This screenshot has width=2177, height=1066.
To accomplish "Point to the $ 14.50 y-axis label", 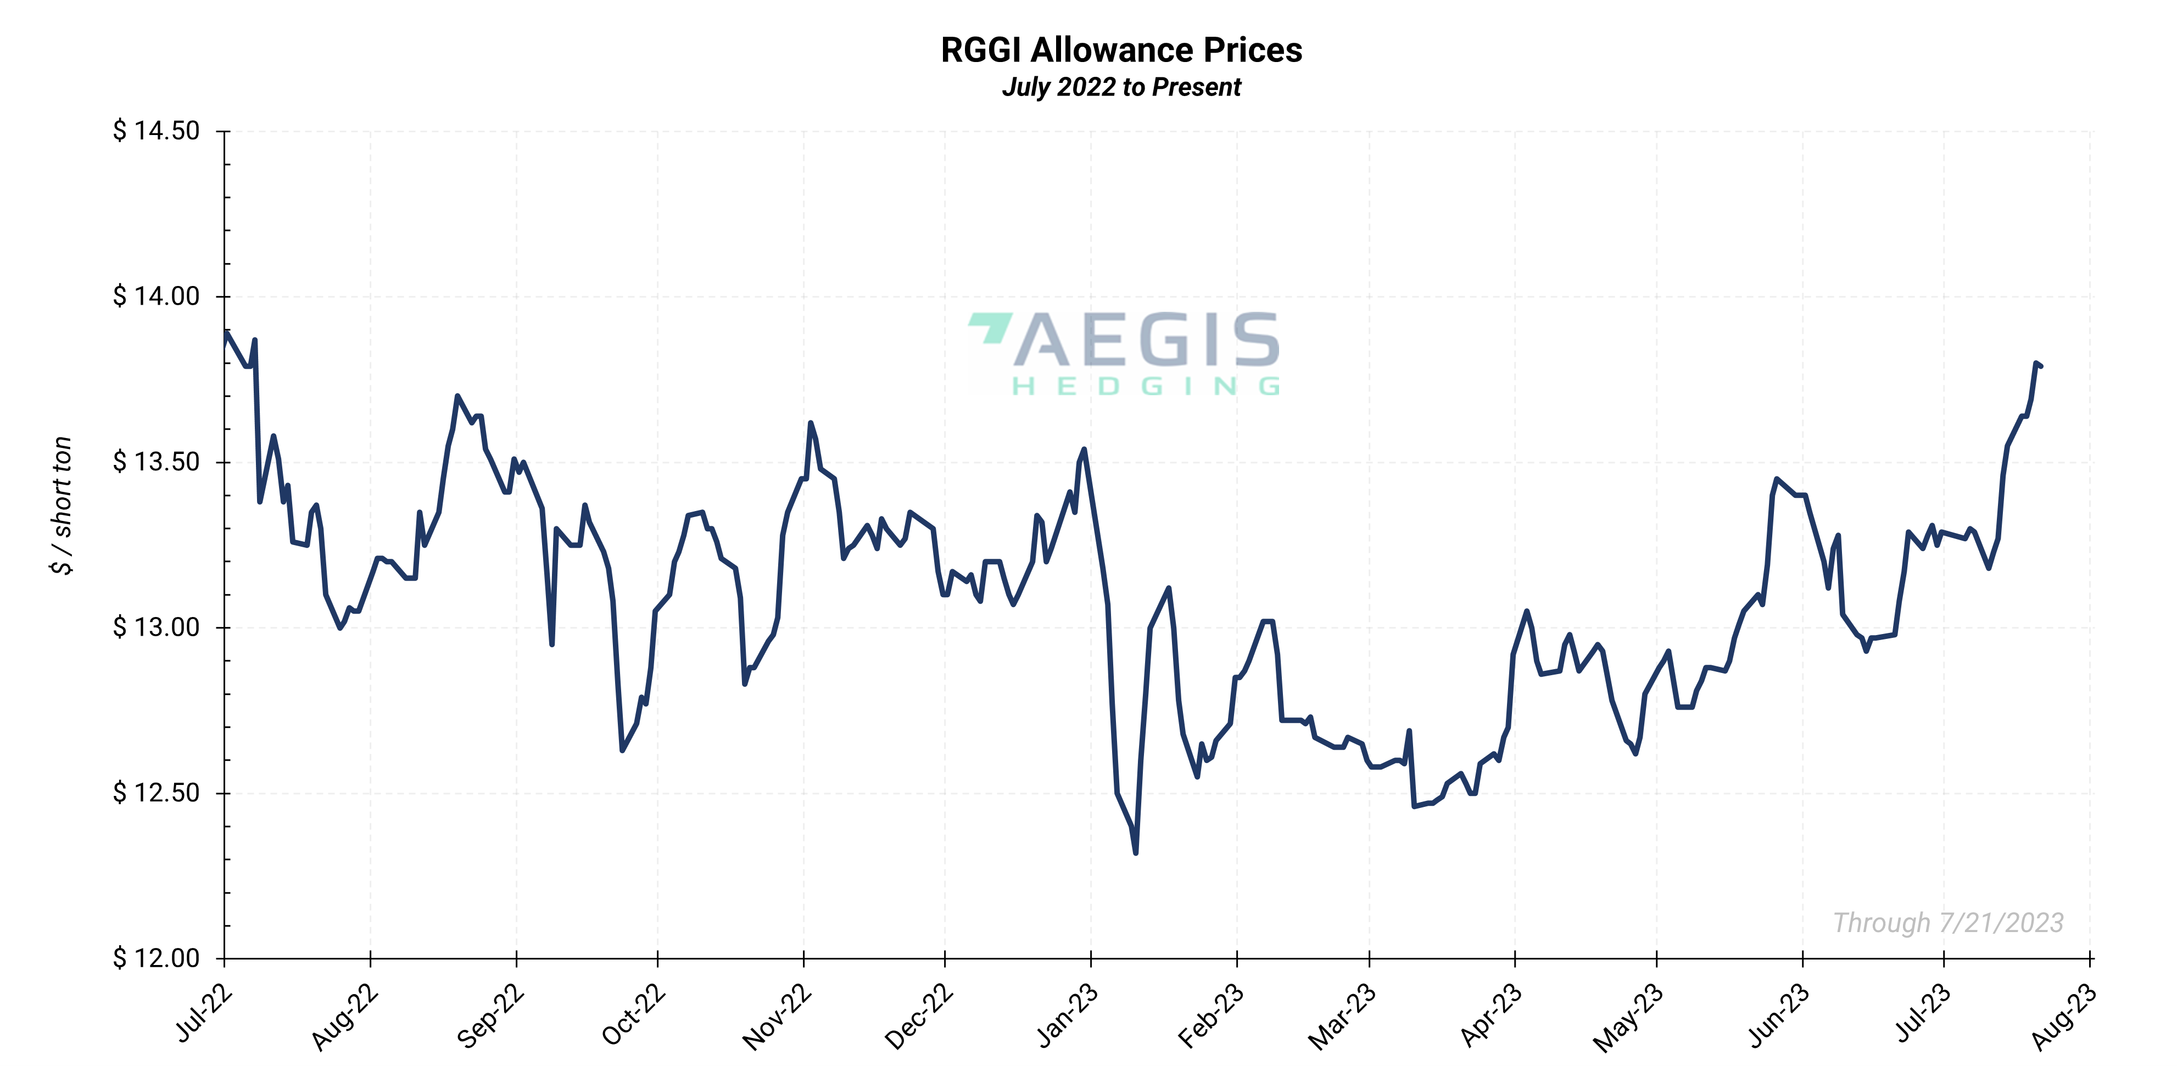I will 157,131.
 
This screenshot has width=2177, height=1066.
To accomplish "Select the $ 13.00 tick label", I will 157,627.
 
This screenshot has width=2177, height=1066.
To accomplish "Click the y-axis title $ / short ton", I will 62,505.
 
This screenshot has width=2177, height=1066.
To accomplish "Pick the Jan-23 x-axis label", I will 1068,1016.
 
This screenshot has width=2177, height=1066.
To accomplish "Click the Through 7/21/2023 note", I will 1948,922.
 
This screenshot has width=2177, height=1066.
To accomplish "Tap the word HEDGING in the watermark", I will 1146,387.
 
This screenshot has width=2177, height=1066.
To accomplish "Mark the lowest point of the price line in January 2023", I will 1135,852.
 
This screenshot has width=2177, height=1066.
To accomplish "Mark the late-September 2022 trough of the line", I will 622,750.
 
